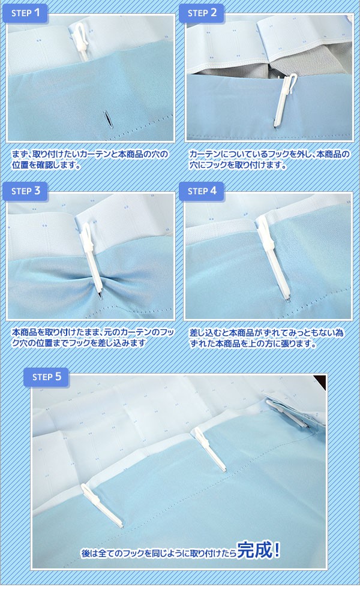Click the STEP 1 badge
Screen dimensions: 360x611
[25, 13]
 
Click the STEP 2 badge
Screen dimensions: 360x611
[202, 13]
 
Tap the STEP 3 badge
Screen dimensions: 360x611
[25, 191]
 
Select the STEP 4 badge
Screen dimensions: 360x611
[202, 191]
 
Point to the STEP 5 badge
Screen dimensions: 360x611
[46, 377]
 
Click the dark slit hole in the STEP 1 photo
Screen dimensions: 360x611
[107, 119]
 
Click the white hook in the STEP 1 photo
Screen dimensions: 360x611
[81, 41]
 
